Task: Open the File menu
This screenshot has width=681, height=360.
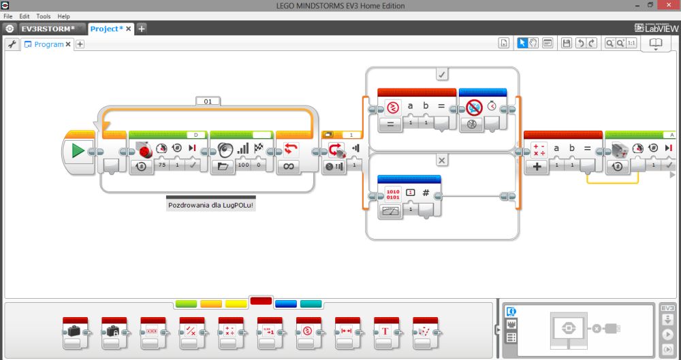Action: pos(8,16)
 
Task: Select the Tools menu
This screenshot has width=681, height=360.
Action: pos(44,16)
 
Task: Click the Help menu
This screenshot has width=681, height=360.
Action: pos(63,16)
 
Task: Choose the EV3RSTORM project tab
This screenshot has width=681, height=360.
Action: pos(47,29)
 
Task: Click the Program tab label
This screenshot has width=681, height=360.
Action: pos(49,44)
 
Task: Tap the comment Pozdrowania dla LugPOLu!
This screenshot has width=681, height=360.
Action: pos(210,204)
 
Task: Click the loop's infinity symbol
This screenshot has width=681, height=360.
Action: pos(289,165)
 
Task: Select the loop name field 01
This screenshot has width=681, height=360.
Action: pos(208,101)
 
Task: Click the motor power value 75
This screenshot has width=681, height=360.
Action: pos(162,165)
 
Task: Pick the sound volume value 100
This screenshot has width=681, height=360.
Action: pos(243,165)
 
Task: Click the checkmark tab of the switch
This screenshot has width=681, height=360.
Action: pos(442,74)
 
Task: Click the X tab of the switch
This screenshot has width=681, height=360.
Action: pos(442,161)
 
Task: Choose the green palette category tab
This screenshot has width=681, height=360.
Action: pos(185,304)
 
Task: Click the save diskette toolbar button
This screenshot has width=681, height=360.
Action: pos(566,44)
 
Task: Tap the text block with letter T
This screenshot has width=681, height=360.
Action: pos(385,331)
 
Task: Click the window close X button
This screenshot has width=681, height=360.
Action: pos(669,5)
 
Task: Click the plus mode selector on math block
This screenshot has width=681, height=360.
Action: pos(538,165)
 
